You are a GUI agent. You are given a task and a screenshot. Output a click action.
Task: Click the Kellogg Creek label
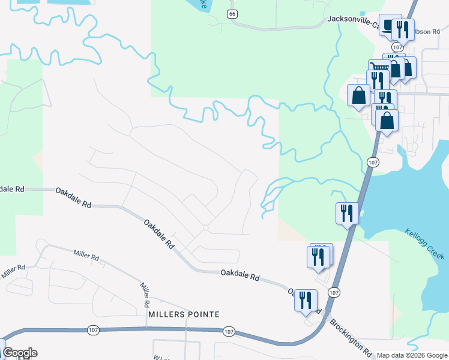coord(424,244)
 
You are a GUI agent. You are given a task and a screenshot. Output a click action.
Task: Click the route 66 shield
coord(233,13)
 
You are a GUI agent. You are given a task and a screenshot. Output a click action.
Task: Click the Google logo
coord(20,353)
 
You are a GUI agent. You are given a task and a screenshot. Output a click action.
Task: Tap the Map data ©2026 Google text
coord(411,355)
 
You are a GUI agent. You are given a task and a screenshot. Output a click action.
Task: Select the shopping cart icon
coord(379,67)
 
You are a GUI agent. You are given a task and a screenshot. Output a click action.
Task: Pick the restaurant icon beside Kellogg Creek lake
coord(346,213)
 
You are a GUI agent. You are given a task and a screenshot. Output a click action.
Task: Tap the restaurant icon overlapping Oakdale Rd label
coord(305,299)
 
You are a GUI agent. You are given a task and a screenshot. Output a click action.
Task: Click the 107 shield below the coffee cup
coord(397,47)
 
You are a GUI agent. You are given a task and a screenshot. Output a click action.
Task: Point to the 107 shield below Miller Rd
coord(93,330)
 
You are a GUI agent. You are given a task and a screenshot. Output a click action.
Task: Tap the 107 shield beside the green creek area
coord(372,162)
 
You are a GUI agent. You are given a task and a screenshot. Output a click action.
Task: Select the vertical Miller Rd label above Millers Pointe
coord(144,292)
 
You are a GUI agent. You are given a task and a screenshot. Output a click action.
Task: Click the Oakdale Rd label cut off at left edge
coord(11,188)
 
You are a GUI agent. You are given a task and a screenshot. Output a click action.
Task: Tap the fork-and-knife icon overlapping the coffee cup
coord(403,29)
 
